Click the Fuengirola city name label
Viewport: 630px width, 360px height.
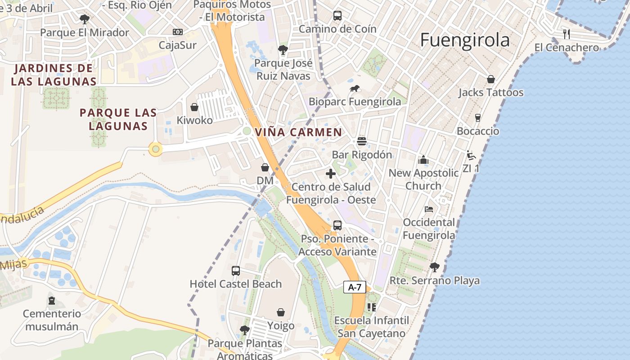click(x=465, y=40)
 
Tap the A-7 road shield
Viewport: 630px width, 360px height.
click(x=355, y=287)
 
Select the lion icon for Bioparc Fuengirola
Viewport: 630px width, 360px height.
click(x=355, y=89)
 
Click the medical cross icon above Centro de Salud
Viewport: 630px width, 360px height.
click(x=331, y=174)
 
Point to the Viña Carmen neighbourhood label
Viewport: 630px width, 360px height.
click(x=298, y=132)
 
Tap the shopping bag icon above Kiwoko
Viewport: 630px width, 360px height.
click(x=194, y=107)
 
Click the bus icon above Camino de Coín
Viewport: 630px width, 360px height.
click(x=337, y=16)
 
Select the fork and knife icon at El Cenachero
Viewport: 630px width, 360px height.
click(x=567, y=34)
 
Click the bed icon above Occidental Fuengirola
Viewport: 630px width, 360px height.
click(x=429, y=209)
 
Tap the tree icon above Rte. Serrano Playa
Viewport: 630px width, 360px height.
click(x=435, y=267)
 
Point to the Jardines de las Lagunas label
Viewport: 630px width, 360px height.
click(x=54, y=75)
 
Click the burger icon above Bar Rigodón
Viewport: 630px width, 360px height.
click(x=362, y=141)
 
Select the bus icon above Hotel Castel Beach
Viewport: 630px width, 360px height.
click(x=236, y=270)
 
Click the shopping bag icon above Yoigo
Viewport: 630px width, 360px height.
click(x=281, y=312)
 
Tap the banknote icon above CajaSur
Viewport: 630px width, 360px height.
click(x=178, y=32)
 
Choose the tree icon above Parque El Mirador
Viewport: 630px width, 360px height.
click(x=84, y=19)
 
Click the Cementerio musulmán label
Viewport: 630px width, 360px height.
click(x=52, y=320)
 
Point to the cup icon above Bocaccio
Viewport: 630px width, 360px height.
click(x=478, y=118)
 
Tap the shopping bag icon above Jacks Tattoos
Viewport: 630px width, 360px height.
click(x=491, y=79)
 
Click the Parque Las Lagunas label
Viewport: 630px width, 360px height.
click(x=118, y=119)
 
